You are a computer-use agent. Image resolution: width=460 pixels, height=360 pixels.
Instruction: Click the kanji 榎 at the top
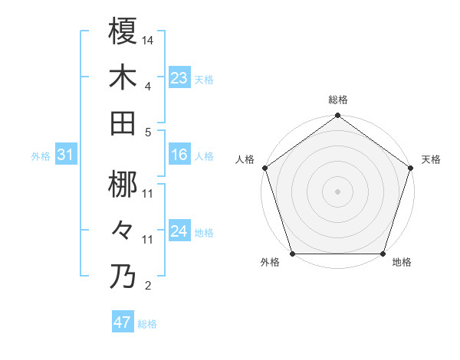pyautogui.click(x=123, y=31)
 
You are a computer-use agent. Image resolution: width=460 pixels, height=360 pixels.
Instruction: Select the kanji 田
pyautogui.click(x=123, y=123)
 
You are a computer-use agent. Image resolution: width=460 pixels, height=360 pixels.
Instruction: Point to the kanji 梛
pyautogui.click(x=123, y=185)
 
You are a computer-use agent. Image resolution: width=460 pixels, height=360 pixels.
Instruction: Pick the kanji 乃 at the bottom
pyautogui.click(x=123, y=277)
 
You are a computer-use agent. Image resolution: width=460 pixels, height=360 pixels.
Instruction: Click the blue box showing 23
pyautogui.click(x=179, y=77)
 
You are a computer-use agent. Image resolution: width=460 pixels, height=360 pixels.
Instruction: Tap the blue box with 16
pyautogui.click(x=179, y=155)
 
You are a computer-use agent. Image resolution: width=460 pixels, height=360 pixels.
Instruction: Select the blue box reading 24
pyautogui.click(x=179, y=231)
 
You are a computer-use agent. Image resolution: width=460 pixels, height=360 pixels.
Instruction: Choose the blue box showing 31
pyautogui.click(x=66, y=155)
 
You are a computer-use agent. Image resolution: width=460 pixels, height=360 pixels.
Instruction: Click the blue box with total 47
pyautogui.click(x=123, y=322)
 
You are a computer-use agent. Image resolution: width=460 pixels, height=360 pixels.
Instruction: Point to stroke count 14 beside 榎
pyautogui.click(x=148, y=38)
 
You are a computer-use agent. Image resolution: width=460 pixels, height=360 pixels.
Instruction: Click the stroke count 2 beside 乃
pyautogui.click(x=147, y=286)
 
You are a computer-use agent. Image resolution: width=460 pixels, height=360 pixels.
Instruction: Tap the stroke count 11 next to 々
pyautogui.click(x=148, y=240)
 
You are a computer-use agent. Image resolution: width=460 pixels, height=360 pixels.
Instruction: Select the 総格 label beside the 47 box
pyautogui.click(x=147, y=324)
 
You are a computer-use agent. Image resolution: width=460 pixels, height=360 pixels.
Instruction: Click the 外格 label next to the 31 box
pyautogui.click(x=41, y=156)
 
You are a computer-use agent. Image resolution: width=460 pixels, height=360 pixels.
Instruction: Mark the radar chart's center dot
pyautogui.click(x=337, y=191)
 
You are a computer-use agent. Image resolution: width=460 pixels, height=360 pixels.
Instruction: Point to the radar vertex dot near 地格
pyautogui.click(x=383, y=254)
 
